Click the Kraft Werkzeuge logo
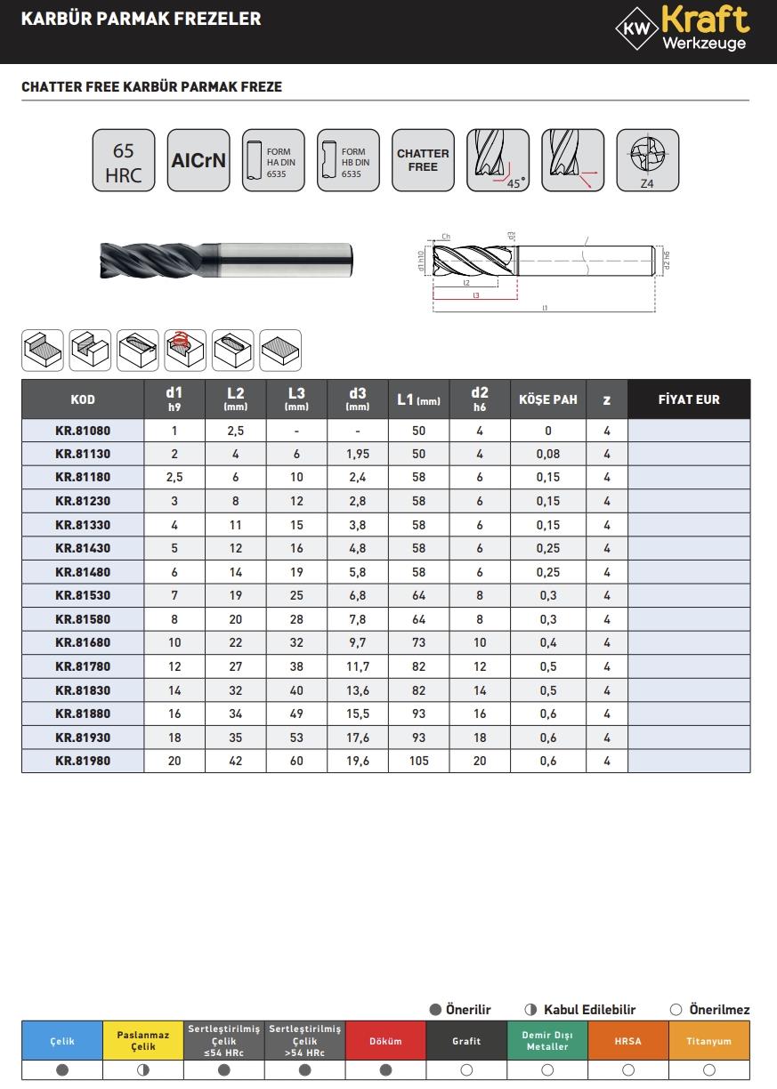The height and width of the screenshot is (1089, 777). (682, 28)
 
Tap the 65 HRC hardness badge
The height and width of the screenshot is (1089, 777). (123, 161)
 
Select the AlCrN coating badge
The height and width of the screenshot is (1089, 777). (198, 161)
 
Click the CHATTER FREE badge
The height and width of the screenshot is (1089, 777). (423, 161)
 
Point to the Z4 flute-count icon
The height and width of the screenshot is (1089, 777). (647, 161)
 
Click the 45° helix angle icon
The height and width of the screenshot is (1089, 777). (498, 161)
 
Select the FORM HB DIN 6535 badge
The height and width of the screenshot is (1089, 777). (348, 161)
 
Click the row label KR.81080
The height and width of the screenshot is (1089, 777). (83, 431)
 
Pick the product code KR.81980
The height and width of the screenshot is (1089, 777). (83, 761)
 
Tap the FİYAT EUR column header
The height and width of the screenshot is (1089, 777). (688, 399)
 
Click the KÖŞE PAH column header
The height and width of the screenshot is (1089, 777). (547, 399)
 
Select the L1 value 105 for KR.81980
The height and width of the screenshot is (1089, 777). (418, 761)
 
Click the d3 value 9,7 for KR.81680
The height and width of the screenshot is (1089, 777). (358, 642)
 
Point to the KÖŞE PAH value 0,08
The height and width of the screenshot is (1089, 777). (547, 454)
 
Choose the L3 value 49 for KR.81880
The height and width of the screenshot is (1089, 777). (296, 714)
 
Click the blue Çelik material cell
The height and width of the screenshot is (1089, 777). (62, 1040)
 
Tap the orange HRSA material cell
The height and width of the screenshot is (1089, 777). (628, 1040)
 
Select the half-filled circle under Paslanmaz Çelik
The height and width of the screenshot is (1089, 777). (143, 1070)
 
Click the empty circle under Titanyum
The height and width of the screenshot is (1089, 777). (709, 1070)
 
